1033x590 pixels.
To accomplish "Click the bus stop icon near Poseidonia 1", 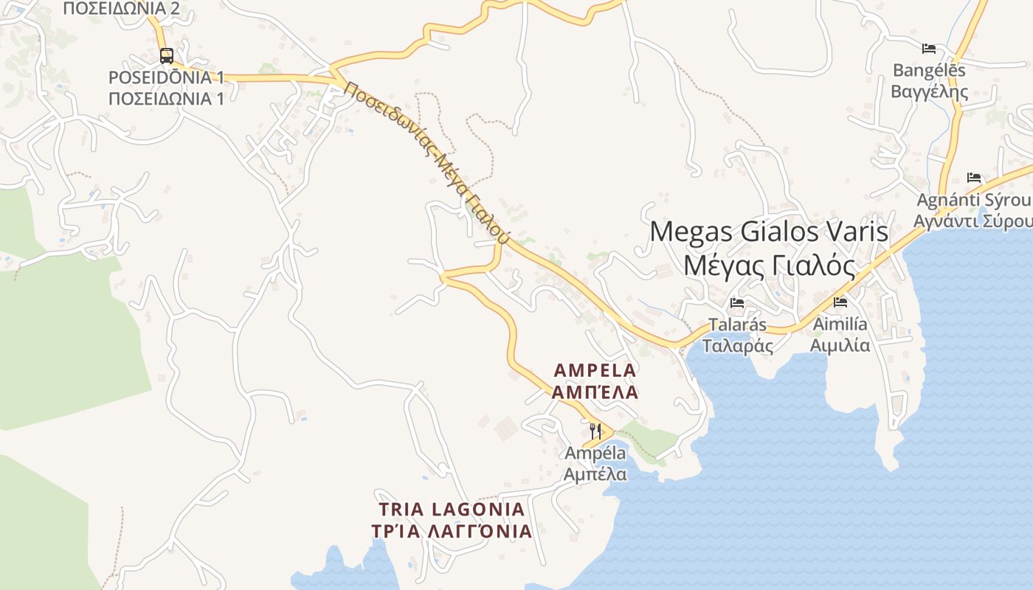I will pyautogui.click(x=167, y=55).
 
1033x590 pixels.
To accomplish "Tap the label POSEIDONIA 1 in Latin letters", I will pyautogui.click(x=166, y=77).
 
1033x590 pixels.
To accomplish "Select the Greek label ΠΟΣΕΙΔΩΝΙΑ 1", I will pyautogui.click(x=166, y=98).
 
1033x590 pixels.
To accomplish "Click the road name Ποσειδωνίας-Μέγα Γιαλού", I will pyautogui.click(x=427, y=162).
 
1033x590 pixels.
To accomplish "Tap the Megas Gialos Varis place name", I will pyautogui.click(x=770, y=232).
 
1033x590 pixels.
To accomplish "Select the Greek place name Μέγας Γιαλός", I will pyautogui.click(x=770, y=265).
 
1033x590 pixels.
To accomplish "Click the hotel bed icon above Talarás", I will pyautogui.click(x=736, y=302).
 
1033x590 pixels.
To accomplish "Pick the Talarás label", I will pyautogui.click(x=737, y=324).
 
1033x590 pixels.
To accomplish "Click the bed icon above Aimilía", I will pyautogui.click(x=840, y=302).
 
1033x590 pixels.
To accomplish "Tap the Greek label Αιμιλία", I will pyautogui.click(x=840, y=345).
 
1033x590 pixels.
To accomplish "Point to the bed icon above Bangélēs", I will pyautogui.click(x=929, y=49).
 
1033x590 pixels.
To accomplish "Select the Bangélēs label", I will pyautogui.click(x=929, y=71).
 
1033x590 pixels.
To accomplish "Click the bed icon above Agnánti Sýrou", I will pyautogui.click(x=974, y=178).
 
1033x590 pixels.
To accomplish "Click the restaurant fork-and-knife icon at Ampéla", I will pyautogui.click(x=595, y=430).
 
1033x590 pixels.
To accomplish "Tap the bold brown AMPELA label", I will pyautogui.click(x=595, y=369).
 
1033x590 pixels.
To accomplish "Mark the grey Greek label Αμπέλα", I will pyautogui.click(x=595, y=473).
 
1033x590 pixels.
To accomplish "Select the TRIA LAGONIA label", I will pyautogui.click(x=452, y=509).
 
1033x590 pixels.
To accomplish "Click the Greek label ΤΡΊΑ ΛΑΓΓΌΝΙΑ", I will pyautogui.click(x=452, y=531).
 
